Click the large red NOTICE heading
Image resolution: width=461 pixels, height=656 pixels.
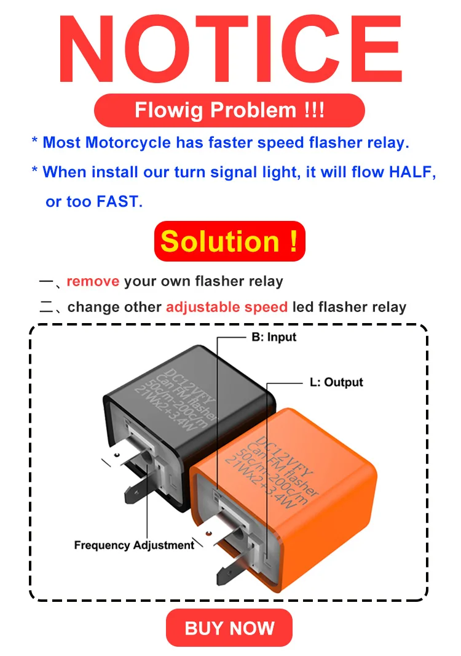coord(230,49)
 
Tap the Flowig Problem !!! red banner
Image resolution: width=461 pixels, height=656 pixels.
coord(229,110)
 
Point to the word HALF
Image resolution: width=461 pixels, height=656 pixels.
coord(410,172)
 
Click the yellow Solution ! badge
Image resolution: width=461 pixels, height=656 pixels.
coord(229,241)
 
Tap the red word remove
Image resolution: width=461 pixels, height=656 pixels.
coord(93,281)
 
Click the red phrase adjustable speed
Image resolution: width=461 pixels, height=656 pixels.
coord(227,307)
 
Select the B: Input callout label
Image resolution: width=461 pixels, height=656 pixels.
coord(274,337)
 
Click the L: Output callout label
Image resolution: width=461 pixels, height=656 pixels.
coord(336,382)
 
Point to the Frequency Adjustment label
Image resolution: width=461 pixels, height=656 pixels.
coord(134,545)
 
